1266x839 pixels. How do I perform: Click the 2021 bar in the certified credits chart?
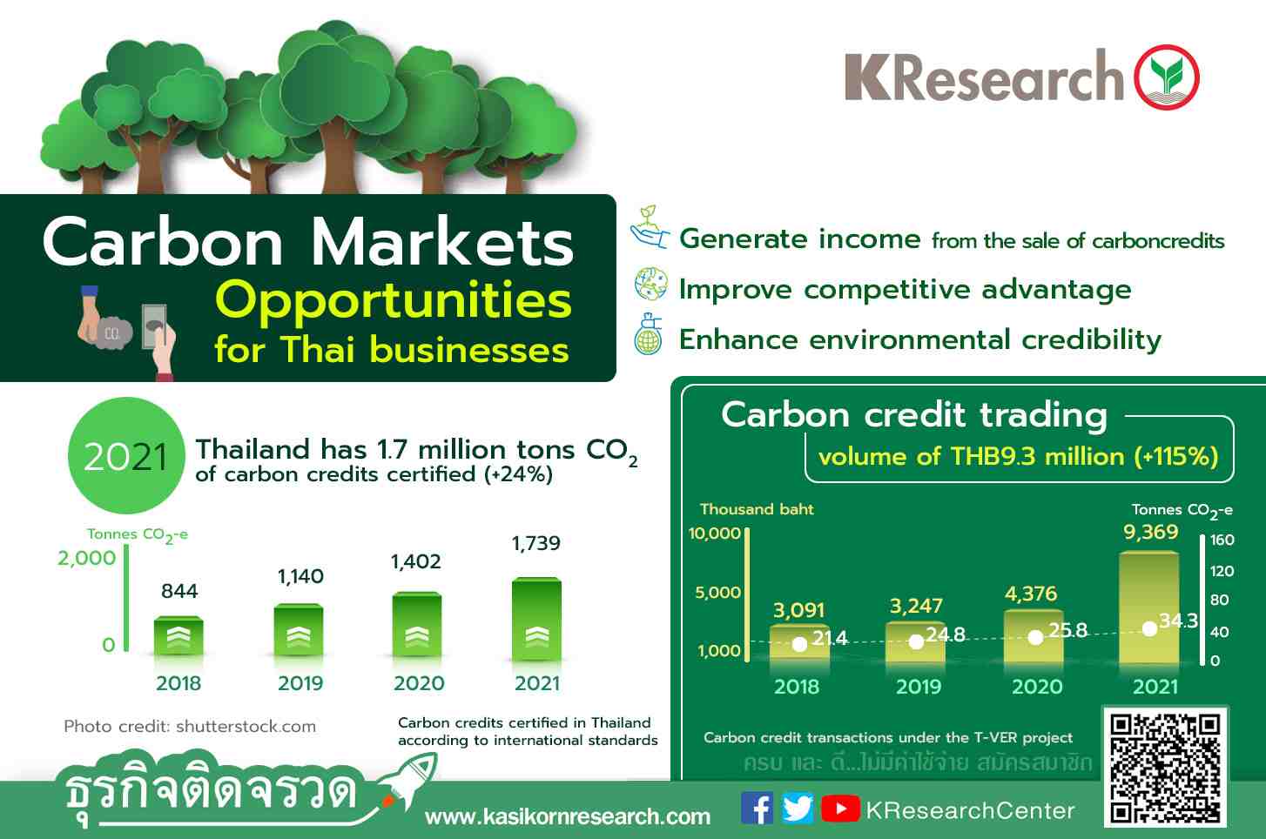coord(536,619)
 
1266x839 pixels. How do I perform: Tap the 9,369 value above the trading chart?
coord(1151,532)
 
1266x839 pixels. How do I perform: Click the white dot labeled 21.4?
coord(799,644)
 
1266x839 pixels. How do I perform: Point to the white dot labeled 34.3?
coord(1149,628)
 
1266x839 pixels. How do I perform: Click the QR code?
coord(1165,767)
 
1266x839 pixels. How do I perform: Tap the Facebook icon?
coord(757,809)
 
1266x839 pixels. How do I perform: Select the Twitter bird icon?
coord(798,809)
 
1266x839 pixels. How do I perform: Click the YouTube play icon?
coord(840,809)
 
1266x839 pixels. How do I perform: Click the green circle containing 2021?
coord(126,455)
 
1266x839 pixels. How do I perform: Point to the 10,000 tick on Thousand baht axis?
coord(714,533)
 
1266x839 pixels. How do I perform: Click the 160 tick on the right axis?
coord(1222,540)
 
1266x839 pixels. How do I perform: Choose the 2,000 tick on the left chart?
coord(86,558)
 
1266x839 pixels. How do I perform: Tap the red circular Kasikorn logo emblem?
coord(1167,77)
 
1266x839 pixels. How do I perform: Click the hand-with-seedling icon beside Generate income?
coord(650,228)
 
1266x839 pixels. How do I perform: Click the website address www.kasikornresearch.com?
coord(568,816)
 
